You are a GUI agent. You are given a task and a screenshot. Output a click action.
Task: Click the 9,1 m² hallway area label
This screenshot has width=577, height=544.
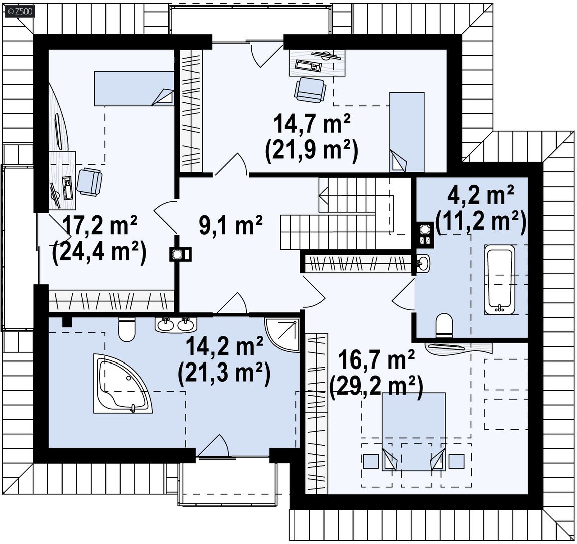pyautogui.click(x=231, y=226)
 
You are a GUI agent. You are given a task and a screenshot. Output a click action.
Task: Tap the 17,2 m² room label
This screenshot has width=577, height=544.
pyautogui.click(x=99, y=226)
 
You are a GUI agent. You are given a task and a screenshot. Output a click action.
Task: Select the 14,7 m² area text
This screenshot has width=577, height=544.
pyautogui.click(x=312, y=124)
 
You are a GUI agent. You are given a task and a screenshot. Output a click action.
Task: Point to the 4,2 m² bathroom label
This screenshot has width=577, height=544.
pyautogui.click(x=481, y=195)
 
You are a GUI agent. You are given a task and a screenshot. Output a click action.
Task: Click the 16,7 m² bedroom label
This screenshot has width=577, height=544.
pyautogui.click(x=376, y=360)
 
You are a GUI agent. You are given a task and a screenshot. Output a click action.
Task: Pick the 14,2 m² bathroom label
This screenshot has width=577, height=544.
pyautogui.click(x=225, y=346)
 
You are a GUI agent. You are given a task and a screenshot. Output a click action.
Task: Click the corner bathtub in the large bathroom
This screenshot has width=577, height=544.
pyautogui.click(x=123, y=384)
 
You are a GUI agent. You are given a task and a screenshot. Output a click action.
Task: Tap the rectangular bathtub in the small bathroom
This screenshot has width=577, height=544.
pyautogui.click(x=500, y=280)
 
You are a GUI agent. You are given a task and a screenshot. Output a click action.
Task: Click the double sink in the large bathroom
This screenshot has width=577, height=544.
pyautogui.click(x=176, y=324)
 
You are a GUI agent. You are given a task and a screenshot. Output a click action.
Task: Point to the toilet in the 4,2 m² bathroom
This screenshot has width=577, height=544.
pyautogui.click(x=444, y=325)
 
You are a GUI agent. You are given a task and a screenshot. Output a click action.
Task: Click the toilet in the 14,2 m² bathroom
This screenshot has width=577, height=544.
pyautogui.click(x=127, y=329)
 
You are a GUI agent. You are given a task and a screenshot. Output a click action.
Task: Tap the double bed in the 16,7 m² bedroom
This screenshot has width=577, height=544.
pyautogui.click(x=414, y=432)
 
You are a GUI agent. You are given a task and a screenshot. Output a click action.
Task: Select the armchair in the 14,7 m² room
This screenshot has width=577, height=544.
pyautogui.click(x=310, y=90)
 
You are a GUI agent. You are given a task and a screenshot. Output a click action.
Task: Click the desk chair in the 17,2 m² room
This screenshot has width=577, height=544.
pyautogui.click(x=89, y=181)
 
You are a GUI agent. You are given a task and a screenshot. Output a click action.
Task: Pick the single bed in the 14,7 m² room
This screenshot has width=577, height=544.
pyautogui.click(x=407, y=132)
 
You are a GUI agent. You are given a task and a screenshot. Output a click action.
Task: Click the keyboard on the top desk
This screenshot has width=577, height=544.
pyautogui.click(x=309, y=66)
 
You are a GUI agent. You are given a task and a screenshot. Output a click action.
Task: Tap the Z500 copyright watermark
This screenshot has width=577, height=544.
pyautogui.click(x=20, y=12)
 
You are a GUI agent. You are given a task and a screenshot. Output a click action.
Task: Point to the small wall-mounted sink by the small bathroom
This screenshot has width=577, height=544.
pyautogui.click(x=423, y=263)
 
